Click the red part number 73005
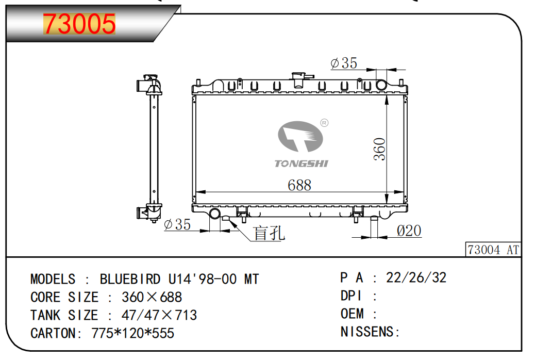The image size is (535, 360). tap(79, 24)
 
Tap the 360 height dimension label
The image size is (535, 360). tap(380, 149)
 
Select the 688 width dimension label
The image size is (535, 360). tap(299, 186)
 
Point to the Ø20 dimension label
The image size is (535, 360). tap(409, 231)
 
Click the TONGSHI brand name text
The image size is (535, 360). tap(302, 163)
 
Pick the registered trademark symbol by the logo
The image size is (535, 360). tap(324, 123)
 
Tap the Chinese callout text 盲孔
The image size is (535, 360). tap(269, 233)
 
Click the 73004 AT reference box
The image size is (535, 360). tap(493, 249)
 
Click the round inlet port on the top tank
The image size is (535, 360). tap(381, 85)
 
